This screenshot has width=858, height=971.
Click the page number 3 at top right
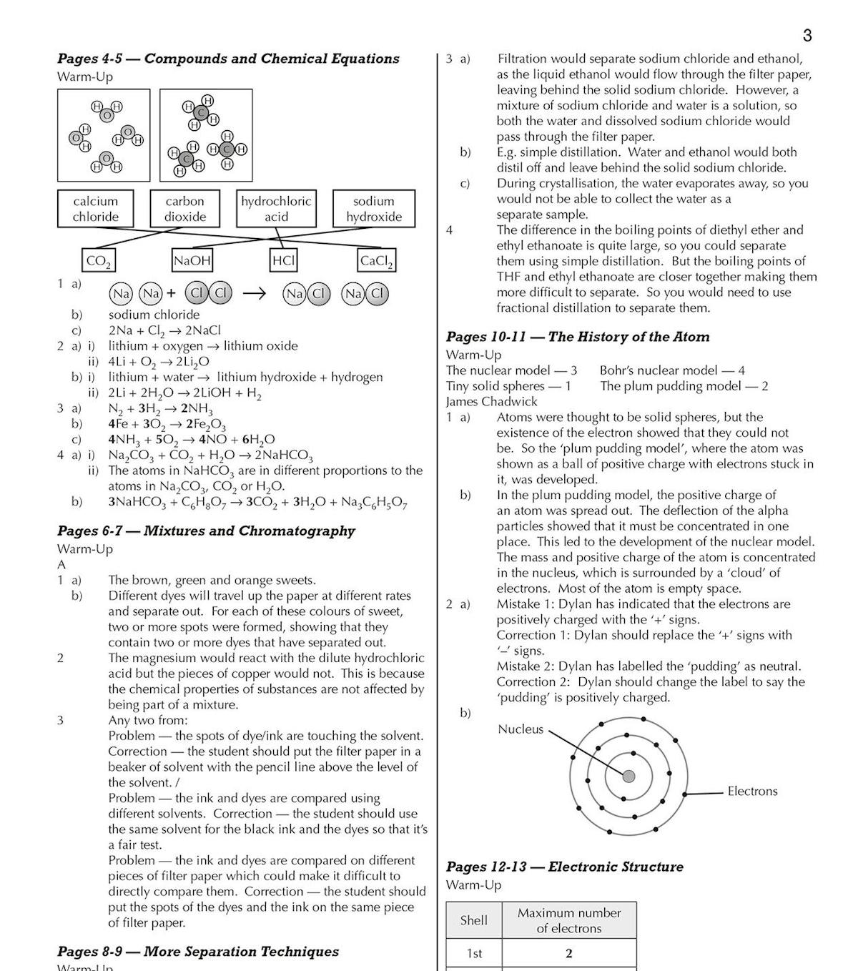807,36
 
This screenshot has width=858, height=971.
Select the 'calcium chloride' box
95,209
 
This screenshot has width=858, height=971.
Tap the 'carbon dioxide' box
185,209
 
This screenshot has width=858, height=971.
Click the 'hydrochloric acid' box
276,209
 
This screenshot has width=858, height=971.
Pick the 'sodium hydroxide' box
373,209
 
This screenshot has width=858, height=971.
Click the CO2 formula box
98,261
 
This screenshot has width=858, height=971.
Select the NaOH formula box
192,261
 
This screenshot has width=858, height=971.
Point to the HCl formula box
283,261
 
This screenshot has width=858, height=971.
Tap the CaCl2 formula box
376,261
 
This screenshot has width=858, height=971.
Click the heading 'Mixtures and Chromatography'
249,531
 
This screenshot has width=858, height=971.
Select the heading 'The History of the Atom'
628,337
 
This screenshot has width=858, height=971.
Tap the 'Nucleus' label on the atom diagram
521,729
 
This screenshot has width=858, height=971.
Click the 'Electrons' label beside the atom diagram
752,791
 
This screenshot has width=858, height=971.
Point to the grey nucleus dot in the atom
628,777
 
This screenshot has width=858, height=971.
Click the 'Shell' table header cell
473,920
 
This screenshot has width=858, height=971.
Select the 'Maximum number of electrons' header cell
569,920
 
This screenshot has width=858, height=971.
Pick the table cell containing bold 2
569,953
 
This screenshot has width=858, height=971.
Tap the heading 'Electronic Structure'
616,867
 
